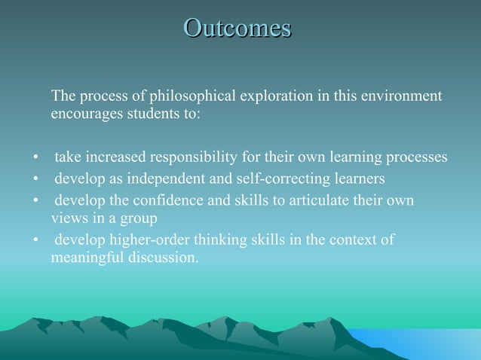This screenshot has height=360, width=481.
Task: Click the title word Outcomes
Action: [237, 29]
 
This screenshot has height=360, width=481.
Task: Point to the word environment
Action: [400, 96]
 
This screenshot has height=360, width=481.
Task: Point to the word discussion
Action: [166, 258]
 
